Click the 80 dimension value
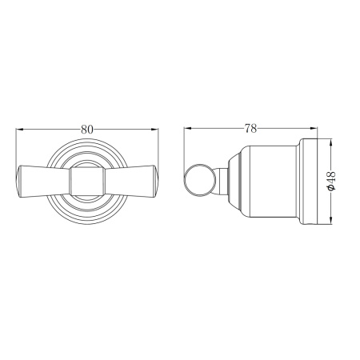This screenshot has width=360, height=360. pyautogui.click(x=87, y=130)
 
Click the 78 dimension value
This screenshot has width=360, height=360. pyautogui.click(x=250, y=129)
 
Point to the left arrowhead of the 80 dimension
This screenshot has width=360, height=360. pyautogui.click(x=20, y=130)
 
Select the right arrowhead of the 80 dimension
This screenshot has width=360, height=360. pyautogui.click(x=154, y=130)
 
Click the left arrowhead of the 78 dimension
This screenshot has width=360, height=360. pyautogui.click(x=188, y=128)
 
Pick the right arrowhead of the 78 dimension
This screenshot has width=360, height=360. pyautogui.click(x=314, y=128)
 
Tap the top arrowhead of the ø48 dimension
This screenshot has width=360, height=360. pyautogui.click(x=330, y=142)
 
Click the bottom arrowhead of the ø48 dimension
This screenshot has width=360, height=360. pyautogui.click(x=330, y=220)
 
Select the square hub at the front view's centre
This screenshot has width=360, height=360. pyautogui.click(x=87, y=182)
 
